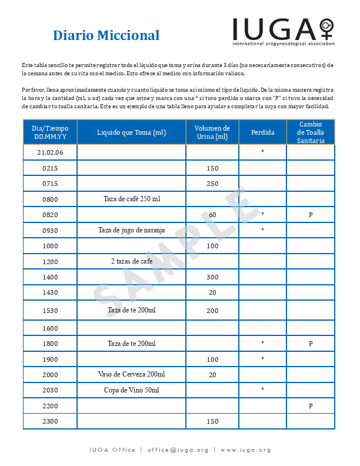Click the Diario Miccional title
106,35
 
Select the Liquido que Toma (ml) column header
131,132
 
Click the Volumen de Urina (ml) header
212,132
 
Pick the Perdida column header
262,132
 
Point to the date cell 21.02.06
50,152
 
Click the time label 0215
50,168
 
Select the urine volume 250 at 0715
212,184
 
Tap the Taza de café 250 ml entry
132,199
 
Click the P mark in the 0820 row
311,215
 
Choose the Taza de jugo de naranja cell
131,229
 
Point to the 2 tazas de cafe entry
131,261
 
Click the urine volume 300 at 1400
212,277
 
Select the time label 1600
50,328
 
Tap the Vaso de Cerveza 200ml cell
131,374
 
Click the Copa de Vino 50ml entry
131,390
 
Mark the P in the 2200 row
311,406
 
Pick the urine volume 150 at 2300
212,421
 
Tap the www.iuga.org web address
246,450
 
